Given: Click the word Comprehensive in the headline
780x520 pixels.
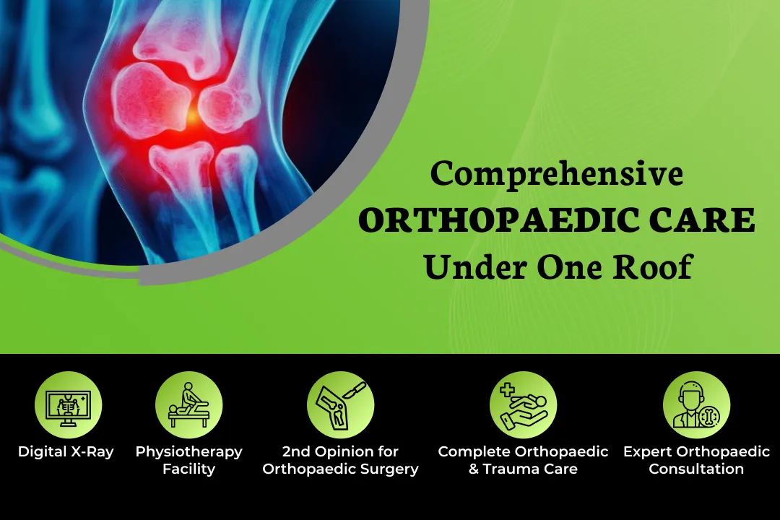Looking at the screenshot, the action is pos(557,174).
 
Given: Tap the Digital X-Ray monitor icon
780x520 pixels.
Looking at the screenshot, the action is pos(68,405).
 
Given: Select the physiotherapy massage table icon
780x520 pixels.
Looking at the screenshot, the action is pos(188,405).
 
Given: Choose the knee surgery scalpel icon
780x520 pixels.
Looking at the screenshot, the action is pos(340,405).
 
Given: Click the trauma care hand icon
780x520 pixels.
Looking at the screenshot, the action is pos(523,405).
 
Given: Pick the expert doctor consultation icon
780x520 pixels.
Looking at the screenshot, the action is pos(696,405).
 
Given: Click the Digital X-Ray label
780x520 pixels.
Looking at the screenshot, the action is pos(66,452).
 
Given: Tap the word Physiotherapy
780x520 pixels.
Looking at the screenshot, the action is pos(188,452).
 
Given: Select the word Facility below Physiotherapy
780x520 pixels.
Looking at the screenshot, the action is pos(188,469).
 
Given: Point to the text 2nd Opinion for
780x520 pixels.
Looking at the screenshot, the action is pos(340,452).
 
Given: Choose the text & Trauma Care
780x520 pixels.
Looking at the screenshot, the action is pos(523,469).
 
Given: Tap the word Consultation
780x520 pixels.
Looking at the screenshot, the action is pos(696,469).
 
